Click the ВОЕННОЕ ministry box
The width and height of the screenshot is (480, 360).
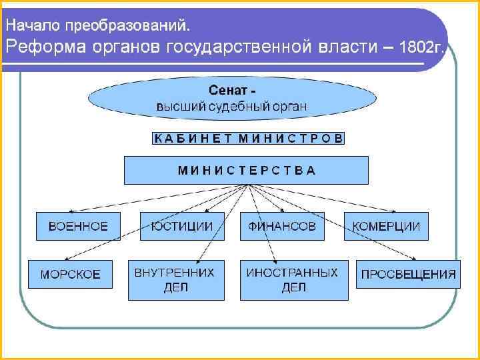tap(77, 226)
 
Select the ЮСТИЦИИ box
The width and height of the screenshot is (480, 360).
tap(181, 226)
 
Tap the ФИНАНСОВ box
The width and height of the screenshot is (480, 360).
tap(282, 226)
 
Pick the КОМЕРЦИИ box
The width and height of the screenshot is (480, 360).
tap(386, 226)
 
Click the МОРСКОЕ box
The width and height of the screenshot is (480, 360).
tap(70, 274)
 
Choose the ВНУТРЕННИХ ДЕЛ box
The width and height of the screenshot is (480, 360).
tap(175, 279)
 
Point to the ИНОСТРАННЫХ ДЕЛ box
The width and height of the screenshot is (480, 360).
tap(293, 279)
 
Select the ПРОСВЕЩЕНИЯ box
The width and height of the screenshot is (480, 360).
tap(408, 274)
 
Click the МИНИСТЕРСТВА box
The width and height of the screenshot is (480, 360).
tap(246, 170)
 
